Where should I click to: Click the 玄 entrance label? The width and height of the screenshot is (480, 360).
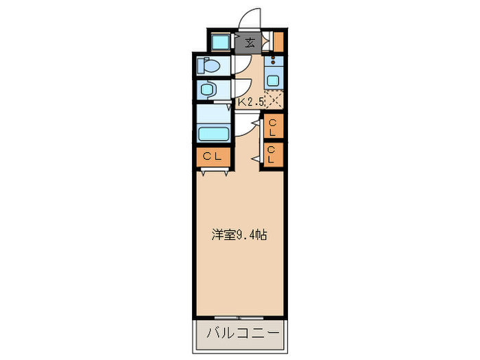pyautogui.click(x=250, y=43)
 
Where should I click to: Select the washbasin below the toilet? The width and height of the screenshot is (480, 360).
pyautogui.click(x=208, y=89)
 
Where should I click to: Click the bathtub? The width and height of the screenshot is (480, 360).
pyautogui.click(x=215, y=132)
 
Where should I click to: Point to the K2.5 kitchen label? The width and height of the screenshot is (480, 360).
pyautogui.click(x=250, y=101)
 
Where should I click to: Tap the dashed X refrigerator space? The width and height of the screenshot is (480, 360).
pyautogui.click(x=275, y=100)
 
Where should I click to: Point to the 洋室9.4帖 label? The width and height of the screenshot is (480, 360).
pyautogui.click(x=238, y=235)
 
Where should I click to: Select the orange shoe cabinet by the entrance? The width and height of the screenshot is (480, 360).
pyautogui.click(x=279, y=43)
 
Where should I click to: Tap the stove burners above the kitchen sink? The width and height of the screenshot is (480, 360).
pyautogui.click(x=274, y=60)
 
